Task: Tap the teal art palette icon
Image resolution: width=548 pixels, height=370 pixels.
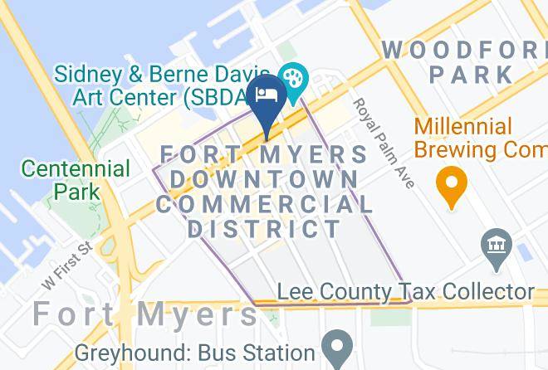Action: [x=292, y=79]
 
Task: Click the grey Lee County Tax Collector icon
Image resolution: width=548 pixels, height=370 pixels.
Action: [x=497, y=246]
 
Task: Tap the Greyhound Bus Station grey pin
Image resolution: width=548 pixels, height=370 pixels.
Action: [x=337, y=347]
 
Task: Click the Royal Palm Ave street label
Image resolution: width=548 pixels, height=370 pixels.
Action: [x=383, y=143]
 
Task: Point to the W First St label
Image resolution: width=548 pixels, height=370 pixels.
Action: [x=66, y=265]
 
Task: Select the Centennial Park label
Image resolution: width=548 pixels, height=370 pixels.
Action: [x=76, y=180]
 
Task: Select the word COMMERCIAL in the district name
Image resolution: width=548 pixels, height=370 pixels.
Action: [x=265, y=204]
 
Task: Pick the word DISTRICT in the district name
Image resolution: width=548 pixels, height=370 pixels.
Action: [x=264, y=228]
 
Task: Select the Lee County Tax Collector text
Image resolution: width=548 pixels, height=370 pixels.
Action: [x=405, y=292]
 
